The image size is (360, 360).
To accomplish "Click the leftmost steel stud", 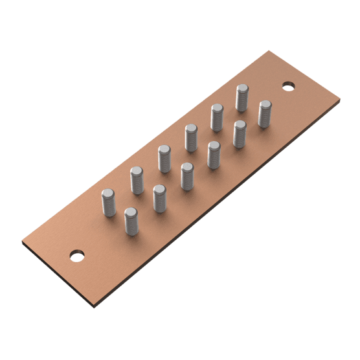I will tap(109, 202).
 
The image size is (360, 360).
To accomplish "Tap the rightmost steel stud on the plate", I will tap(264, 113).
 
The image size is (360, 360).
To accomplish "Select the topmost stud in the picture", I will tap(242, 98).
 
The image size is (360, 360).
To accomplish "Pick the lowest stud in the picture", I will tap(131, 221).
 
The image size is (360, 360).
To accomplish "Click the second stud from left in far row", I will tap(137, 180).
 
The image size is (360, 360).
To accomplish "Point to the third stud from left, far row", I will tap(164, 159).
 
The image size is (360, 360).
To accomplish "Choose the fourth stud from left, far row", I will tap(191, 137).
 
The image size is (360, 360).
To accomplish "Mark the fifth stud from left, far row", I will tap(217, 117).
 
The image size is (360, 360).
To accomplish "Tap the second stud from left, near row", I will tap(160, 198).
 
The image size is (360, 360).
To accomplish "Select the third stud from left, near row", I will tap(187, 176).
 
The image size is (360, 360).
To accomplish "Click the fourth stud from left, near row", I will tap(214, 155).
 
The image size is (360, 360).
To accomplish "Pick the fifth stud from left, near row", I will tap(240, 134).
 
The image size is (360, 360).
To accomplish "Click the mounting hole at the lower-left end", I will tap(77, 255).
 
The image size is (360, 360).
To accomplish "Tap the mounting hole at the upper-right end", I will tap(288, 85).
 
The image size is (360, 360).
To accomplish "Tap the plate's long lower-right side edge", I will tap(220, 204).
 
